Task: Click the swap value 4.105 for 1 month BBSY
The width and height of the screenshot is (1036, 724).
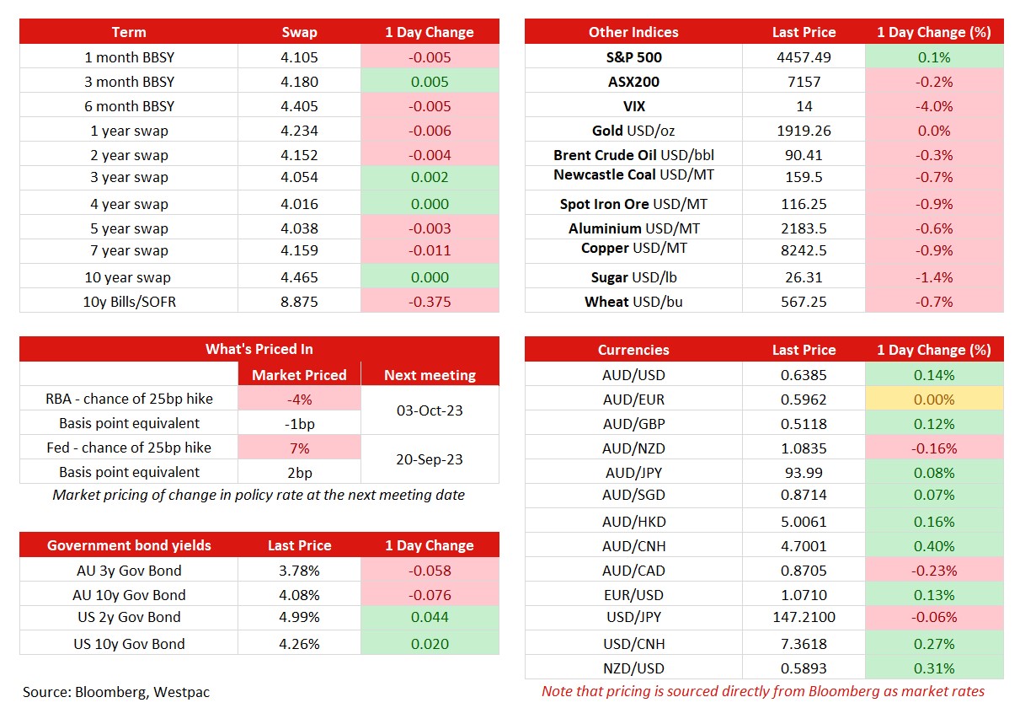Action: point(299,57)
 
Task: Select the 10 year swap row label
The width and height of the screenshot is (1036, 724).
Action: point(128,277)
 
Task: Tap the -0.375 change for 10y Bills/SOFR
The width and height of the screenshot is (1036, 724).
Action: point(430,302)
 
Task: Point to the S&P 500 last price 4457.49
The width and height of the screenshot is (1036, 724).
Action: point(804,57)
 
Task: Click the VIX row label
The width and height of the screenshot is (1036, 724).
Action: point(633,106)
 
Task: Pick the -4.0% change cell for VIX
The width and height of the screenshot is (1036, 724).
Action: point(934,106)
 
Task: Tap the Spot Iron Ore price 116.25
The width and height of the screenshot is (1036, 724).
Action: point(804,204)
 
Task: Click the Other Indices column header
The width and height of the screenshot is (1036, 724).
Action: point(633,32)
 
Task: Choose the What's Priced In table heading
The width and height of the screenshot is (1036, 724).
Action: point(259,349)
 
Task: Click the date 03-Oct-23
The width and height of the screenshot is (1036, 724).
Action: point(430,410)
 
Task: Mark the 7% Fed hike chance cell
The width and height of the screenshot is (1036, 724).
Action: point(299,448)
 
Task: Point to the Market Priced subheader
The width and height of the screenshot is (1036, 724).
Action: point(299,375)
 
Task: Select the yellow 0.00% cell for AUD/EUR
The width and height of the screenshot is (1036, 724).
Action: point(934,399)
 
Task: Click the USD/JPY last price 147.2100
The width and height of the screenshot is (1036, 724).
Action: point(804,617)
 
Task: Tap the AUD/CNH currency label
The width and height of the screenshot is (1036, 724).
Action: point(633,546)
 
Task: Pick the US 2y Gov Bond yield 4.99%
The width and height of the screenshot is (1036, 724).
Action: point(299,617)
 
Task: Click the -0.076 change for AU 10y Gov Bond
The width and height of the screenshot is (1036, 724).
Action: point(430,595)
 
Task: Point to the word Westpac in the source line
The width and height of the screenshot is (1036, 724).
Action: point(181,692)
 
